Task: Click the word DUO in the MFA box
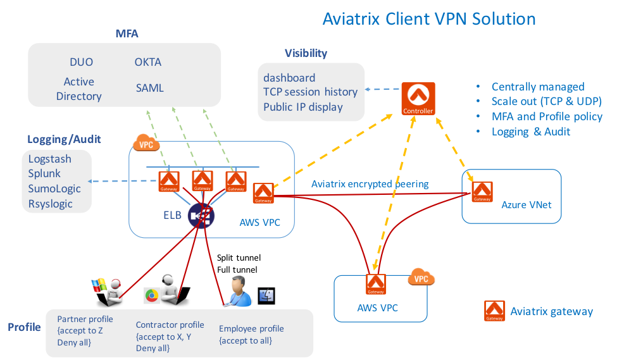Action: (x=82, y=62)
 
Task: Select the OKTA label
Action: (x=148, y=62)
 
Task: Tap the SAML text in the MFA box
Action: (x=150, y=88)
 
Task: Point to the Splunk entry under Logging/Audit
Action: (x=44, y=174)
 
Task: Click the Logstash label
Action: (x=50, y=159)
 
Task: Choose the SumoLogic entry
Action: (x=54, y=189)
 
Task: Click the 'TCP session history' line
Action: (x=310, y=92)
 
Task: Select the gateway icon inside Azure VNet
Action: (x=482, y=191)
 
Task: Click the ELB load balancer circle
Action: (x=201, y=215)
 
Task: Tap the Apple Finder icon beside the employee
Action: (x=266, y=295)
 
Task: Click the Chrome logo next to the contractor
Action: (x=151, y=295)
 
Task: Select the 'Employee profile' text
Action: (x=251, y=329)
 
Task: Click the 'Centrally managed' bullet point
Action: (x=538, y=87)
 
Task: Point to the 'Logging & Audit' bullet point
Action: (x=531, y=132)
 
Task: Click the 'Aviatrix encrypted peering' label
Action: (x=370, y=184)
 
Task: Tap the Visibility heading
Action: (x=306, y=53)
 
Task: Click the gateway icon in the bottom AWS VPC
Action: (x=376, y=284)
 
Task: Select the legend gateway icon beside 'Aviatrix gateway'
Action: (x=495, y=311)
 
